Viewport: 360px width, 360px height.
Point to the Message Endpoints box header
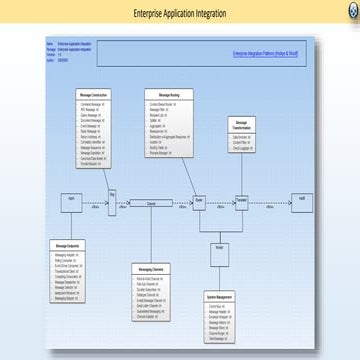[67, 245]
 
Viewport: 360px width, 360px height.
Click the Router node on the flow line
[199, 199]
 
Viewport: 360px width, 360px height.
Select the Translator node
[241, 199]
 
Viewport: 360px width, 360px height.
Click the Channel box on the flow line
[152, 203]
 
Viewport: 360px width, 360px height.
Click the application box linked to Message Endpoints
[67, 199]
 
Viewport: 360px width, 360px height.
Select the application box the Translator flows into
[302, 199]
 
